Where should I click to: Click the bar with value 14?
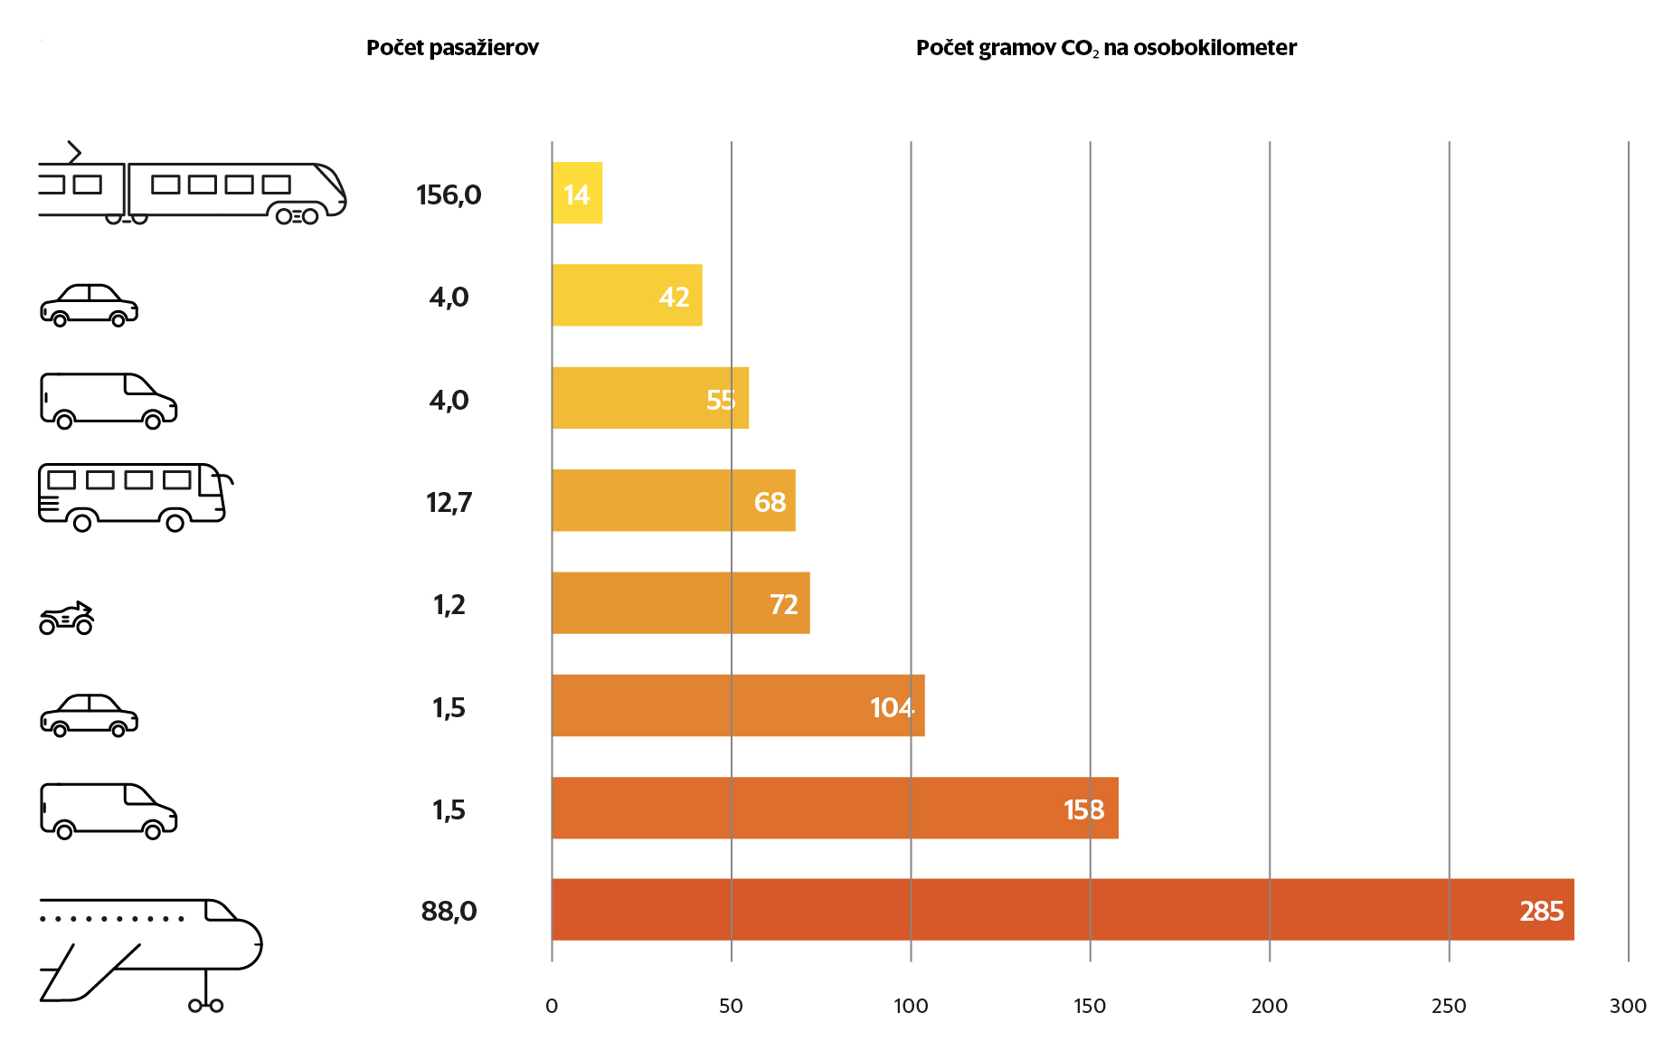pyautogui.click(x=577, y=193)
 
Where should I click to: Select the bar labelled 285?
pyautogui.click(x=1063, y=910)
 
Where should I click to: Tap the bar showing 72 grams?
pyautogui.click(x=680, y=603)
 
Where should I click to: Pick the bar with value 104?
pyautogui.click(x=738, y=705)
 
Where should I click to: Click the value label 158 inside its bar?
pyautogui.click(x=1083, y=809)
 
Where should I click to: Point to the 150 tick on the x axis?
pyautogui.click(x=1090, y=1006)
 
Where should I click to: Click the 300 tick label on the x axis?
pyautogui.click(x=1628, y=1006)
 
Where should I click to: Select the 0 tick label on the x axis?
pyautogui.click(x=552, y=1006)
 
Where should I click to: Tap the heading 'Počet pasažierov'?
pyautogui.click(x=452, y=48)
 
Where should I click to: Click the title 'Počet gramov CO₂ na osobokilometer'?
pyautogui.click(x=1106, y=48)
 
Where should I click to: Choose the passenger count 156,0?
pyautogui.click(x=449, y=194)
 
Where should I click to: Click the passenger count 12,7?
pyautogui.click(x=449, y=502)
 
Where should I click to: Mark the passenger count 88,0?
pyautogui.click(x=449, y=911)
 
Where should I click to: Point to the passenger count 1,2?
pyautogui.click(x=449, y=604)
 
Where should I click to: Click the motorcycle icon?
pyautogui.click(x=67, y=619)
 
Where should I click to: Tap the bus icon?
pyautogui.click(x=134, y=497)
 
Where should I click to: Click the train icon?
pyautogui.click(x=191, y=189)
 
